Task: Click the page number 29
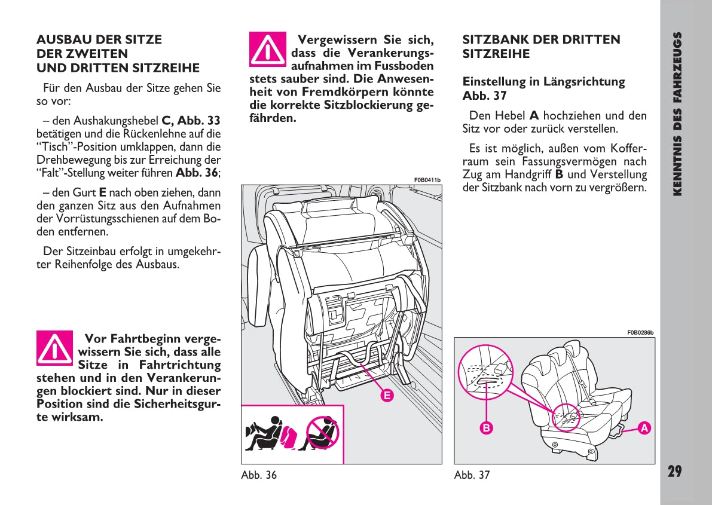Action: click(674, 472)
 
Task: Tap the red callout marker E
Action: click(387, 395)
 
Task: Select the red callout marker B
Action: click(487, 428)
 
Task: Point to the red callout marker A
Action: click(643, 428)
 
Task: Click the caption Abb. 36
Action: click(259, 475)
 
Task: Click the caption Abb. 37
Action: click(472, 475)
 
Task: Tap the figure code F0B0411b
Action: click(427, 180)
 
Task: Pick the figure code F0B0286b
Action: click(640, 333)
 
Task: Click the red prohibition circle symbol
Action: click(322, 433)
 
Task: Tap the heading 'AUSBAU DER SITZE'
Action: click(99, 40)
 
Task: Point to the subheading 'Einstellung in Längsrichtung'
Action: click(543, 82)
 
